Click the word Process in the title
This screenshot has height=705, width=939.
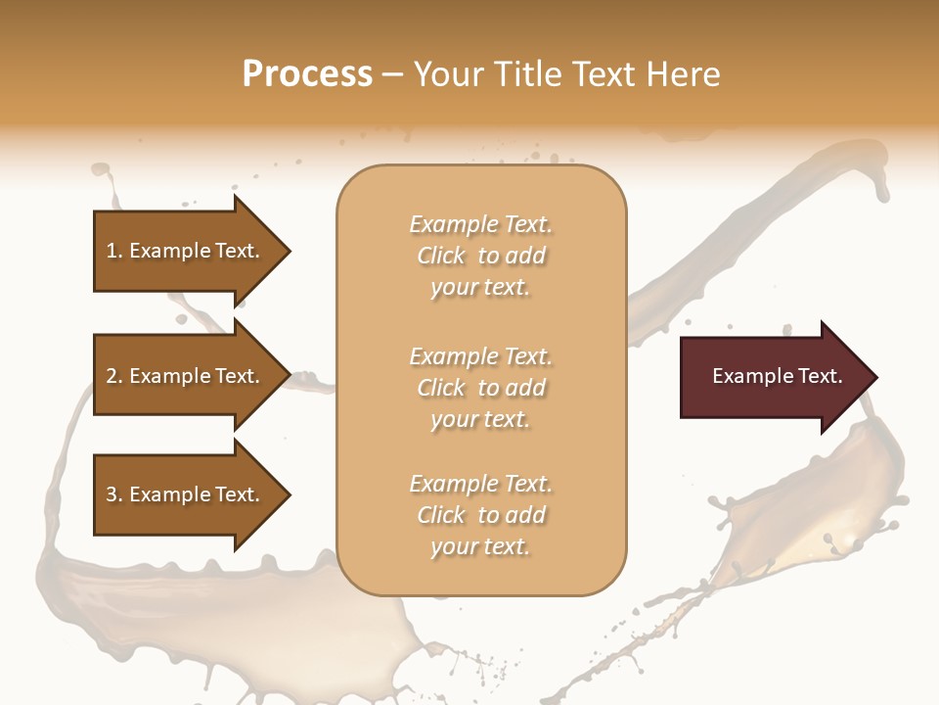[307, 74]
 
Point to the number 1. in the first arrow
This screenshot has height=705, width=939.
[114, 251]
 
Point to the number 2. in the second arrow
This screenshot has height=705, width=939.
[114, 376]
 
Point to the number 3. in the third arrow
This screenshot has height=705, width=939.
[114, 494]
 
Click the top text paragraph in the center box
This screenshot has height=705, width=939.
[481, 256]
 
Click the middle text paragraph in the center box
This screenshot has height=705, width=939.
[481, 387]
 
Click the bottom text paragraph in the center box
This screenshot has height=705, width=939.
[481, 515]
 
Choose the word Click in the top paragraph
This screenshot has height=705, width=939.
[441, 256]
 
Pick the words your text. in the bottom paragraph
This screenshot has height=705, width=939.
[480, 546]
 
